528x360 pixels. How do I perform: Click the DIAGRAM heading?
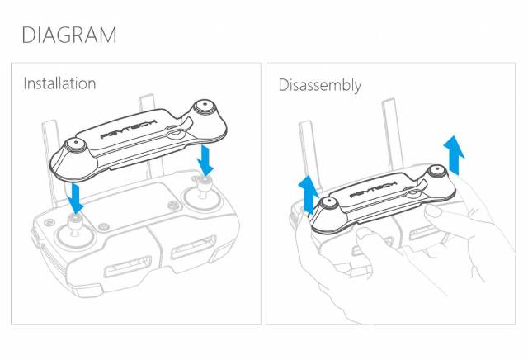pyautogui.click(x=68, y=36)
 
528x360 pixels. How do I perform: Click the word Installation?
pyautogui.click(x=59, y=83)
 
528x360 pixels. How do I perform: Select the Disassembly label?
pyautogui.click(x=319, y=85)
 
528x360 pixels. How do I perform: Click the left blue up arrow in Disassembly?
pyautogui.click(x=309, y=193)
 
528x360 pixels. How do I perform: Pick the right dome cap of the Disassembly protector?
pyautogui.click(x=436, y=173)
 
